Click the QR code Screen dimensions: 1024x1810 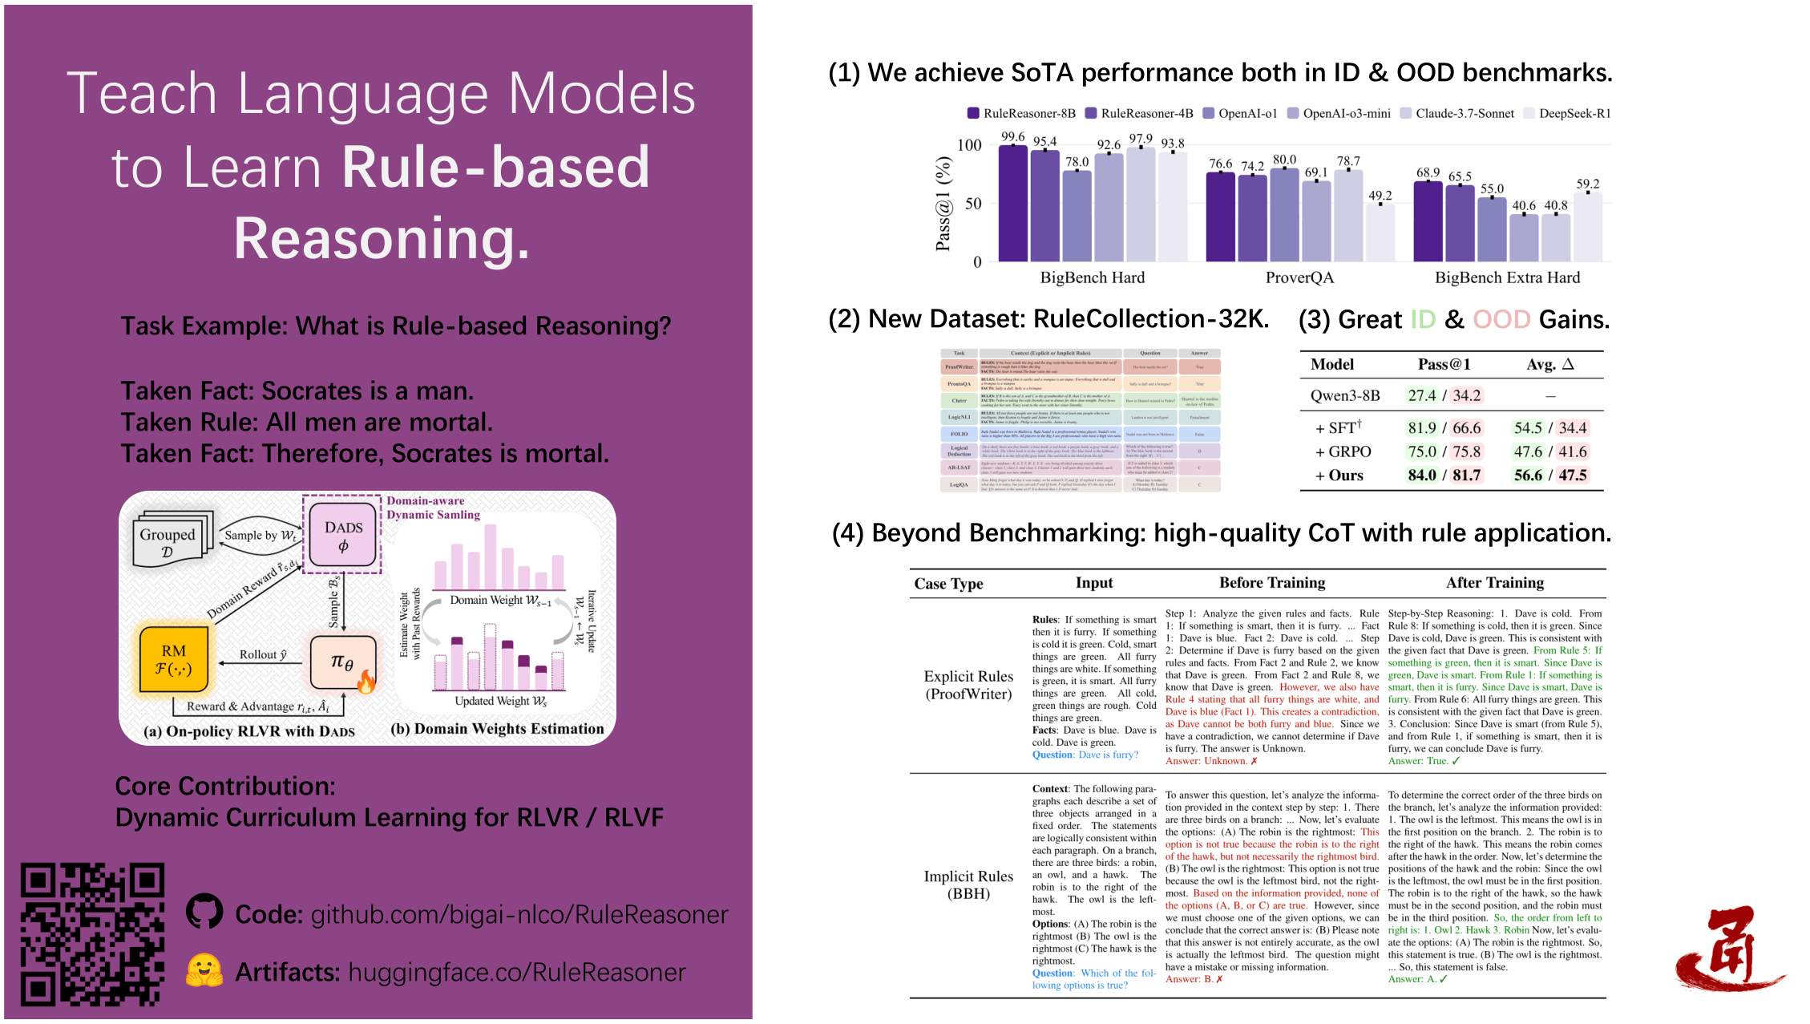(92, 934)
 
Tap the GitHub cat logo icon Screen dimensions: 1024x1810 (204, 912)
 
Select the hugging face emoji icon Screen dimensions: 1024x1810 (204, 970)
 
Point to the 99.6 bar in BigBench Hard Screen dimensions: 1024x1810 (1012, 204)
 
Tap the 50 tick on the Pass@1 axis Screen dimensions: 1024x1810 (973, 204)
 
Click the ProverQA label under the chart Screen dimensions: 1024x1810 (1299, 277)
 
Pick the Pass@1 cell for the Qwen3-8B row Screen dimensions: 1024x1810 (1444, 395)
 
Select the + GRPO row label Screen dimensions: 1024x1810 (1343, 451)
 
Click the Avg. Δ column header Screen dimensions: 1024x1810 (1549, 365)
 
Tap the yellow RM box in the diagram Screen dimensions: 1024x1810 (174, 659)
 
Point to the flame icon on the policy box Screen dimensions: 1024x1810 (366, 682)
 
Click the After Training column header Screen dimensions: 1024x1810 (1494, 583)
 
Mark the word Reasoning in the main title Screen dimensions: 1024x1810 (382, 239)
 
